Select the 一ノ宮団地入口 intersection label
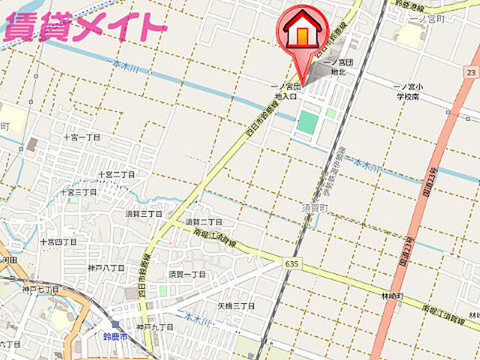coord(286,91)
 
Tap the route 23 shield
coord(470,72)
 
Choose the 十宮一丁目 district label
coord(82,138)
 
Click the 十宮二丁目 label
coord(116,174)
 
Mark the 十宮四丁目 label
coord(58,241)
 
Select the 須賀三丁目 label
coord(143,214)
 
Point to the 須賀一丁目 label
coord(187,274)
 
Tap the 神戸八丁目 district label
coord(106,267)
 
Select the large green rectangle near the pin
coord(307,122)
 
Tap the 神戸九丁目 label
coord(155,327)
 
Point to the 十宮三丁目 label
coord(79,193)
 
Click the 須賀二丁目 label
coord(203,221)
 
